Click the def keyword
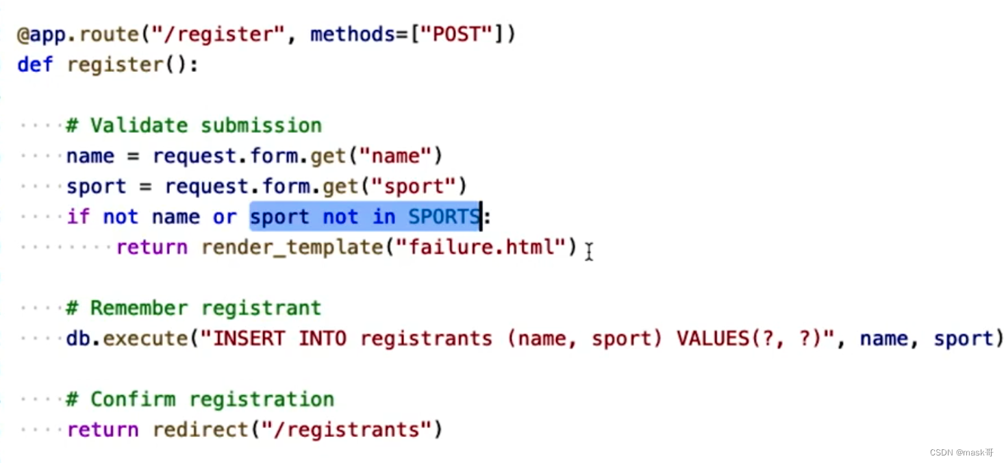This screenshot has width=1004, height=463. pos(34,65)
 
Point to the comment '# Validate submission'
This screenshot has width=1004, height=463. pos(194,126)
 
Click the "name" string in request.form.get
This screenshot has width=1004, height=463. pos(401,156)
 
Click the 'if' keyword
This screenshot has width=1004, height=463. pos(78,217)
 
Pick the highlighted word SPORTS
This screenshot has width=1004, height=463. pos(444,217)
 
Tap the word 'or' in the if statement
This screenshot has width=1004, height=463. pos(225,217)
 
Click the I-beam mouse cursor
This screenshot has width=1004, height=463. pos(588,252)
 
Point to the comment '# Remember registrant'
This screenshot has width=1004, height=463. pos(194,308)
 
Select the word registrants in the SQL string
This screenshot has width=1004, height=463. pos(426,338)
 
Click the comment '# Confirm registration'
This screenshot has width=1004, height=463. pos(200,399)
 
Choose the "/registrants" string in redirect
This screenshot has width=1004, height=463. pos(346,430)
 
